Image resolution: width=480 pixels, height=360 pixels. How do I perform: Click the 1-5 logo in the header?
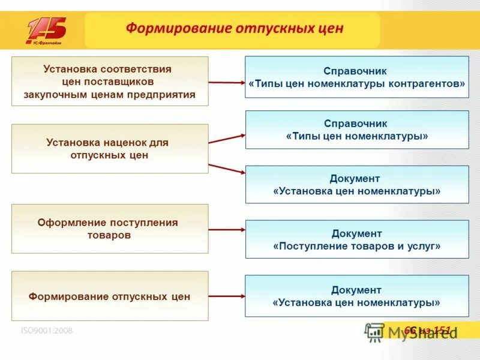46,31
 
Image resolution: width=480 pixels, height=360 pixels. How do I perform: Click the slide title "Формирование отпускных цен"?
234,28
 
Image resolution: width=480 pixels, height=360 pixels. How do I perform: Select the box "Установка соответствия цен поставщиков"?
110,82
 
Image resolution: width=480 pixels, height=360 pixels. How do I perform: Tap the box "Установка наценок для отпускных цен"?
110,149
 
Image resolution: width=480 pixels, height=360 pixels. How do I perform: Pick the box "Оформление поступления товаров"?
110,229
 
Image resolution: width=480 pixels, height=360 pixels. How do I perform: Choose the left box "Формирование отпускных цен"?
110,296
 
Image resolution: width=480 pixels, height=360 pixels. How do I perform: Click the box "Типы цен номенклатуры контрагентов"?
357,77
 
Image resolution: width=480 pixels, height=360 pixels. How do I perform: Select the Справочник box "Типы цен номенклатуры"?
357,130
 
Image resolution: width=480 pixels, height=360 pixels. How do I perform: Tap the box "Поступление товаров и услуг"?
357,239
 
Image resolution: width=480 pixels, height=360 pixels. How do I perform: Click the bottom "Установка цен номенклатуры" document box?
357,296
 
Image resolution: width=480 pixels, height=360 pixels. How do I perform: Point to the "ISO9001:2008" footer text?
47,330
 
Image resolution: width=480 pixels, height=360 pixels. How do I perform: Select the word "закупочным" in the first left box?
50,94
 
